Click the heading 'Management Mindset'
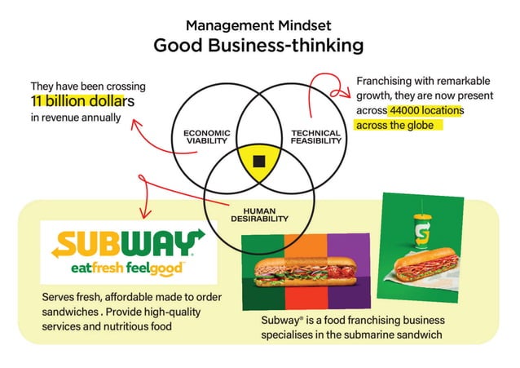pyautogui.click(x=259, y=24)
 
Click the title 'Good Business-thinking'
pyautogui.click(x=259, y=46)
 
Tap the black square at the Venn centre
pyautogui.click(x=259, y=160)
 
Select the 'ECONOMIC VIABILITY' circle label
pyautogui.click(x=206, y=136)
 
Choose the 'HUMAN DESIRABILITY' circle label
pyautogui.click(x=259, y=215)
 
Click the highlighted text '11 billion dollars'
pyautogui.click(x=82, y=101)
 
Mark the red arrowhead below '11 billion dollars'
pyautogui.click(x=131, y=122)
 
